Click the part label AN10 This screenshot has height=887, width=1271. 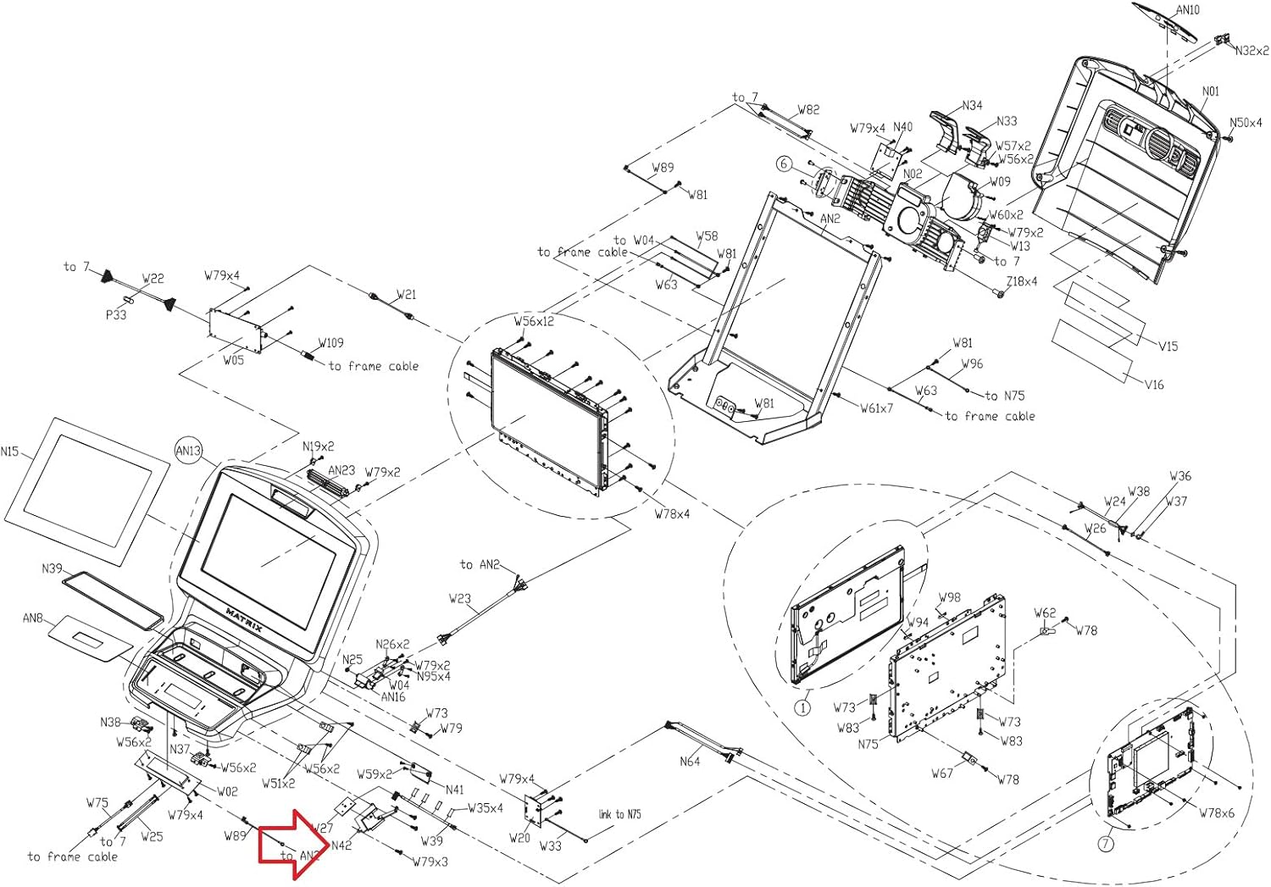pos(1188,10)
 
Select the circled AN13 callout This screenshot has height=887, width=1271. pos(188,451)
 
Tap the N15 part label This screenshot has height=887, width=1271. pos(9,452)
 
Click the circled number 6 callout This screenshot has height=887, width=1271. pos(784,164)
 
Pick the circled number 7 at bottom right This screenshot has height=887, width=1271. pos(1105,844)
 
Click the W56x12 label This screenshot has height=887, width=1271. pos(534,321)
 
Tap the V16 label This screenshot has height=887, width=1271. pos(1154,385)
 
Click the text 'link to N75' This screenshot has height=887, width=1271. pos(619,814)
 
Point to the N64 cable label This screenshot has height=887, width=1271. pos(690,762)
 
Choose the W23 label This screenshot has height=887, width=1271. pos(459,598)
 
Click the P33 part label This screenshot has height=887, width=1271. pos(116,314)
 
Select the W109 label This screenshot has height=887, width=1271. pos(330,343)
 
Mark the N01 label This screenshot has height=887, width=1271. pos(1211,91)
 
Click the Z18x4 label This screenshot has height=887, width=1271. pos(1021,281)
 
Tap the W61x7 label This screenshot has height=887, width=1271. pos(876,407)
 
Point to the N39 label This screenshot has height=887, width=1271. pos(52,568)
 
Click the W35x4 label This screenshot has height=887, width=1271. pos(485,808)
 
